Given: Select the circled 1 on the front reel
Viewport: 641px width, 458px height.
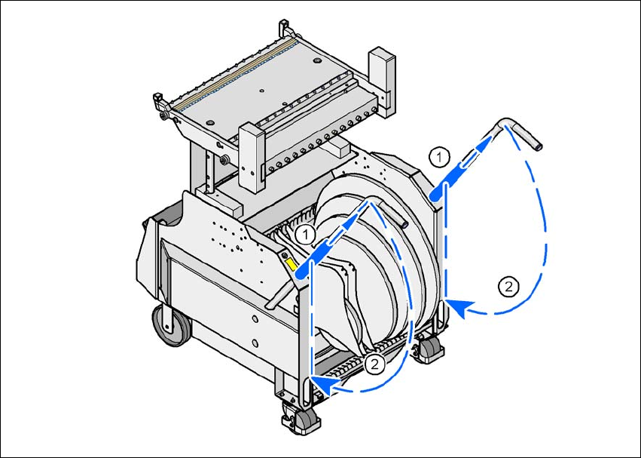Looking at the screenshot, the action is point(304,234).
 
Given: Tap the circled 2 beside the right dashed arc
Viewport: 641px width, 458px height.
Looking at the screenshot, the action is point(510,286).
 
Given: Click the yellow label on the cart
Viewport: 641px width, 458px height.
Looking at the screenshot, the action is point(289,263).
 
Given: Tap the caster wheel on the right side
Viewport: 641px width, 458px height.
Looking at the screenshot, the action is point(430,346).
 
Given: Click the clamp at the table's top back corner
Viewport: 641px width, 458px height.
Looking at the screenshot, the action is point(285,31).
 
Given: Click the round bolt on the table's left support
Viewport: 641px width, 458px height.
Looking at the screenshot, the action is point(224,161).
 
